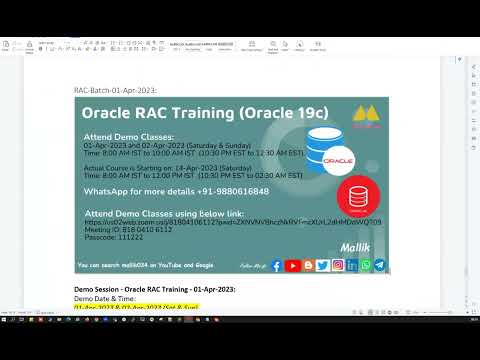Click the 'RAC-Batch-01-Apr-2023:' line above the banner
click(x=115, y=91)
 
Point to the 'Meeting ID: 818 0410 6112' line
click(x=125, y=228)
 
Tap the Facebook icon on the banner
click(x=276, y=265)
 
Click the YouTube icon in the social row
click(x=292, y=265)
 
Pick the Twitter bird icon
click(x=322, y=265)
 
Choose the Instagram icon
click(x=337, y=265)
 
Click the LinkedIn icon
click(x=352, y=265)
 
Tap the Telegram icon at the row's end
click(x=380, y=265)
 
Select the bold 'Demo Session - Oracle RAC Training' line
click(x=154, y=288)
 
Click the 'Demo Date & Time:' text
click(x=104, y=297)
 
